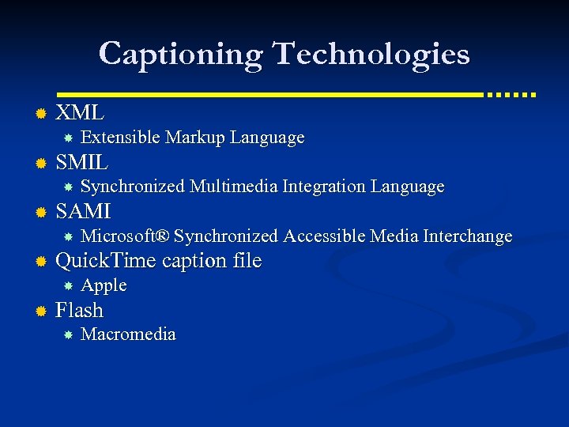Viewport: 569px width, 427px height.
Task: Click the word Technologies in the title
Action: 371,55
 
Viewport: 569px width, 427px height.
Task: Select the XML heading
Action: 80,113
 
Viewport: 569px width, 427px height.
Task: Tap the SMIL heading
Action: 82,163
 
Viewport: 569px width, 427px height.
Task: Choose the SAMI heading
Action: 83,212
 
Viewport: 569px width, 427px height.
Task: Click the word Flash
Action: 79,310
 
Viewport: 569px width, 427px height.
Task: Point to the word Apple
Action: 104,285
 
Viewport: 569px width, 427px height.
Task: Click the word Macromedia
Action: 128,334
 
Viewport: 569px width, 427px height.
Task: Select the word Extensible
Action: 120,138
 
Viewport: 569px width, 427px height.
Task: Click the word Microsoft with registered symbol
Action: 125,236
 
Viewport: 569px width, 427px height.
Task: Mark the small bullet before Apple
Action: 69,285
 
